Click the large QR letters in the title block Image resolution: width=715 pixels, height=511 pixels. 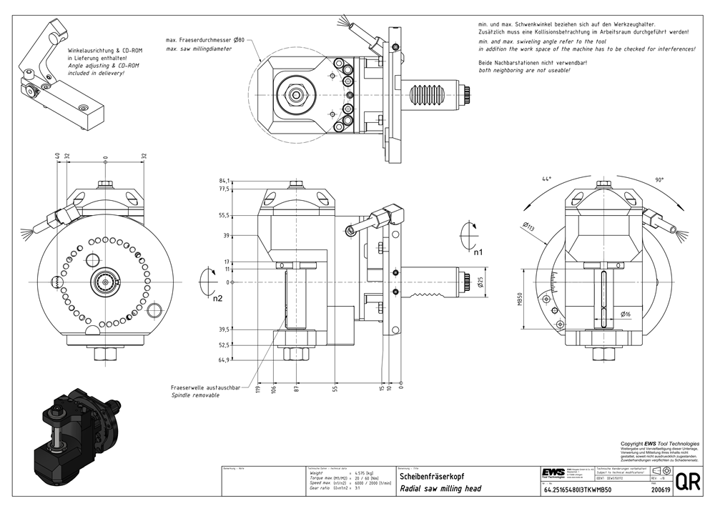[x=687, y=482]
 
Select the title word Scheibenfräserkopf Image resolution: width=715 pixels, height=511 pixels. [x=430, y=475]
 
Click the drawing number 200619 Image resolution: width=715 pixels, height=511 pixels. [x=661, y=490]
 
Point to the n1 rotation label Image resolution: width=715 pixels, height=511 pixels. [x=478, y=252]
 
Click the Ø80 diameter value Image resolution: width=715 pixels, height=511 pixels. [x=239, y=41]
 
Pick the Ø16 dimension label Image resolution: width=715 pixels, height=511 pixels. [x=626, y=314]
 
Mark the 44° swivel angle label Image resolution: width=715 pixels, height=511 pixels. [x=547, y=179]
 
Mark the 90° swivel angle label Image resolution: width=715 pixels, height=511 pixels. [x=659, y=179]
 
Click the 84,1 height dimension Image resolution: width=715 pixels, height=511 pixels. [x=225, y=181]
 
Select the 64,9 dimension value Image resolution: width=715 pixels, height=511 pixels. [x=225, y=360]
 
